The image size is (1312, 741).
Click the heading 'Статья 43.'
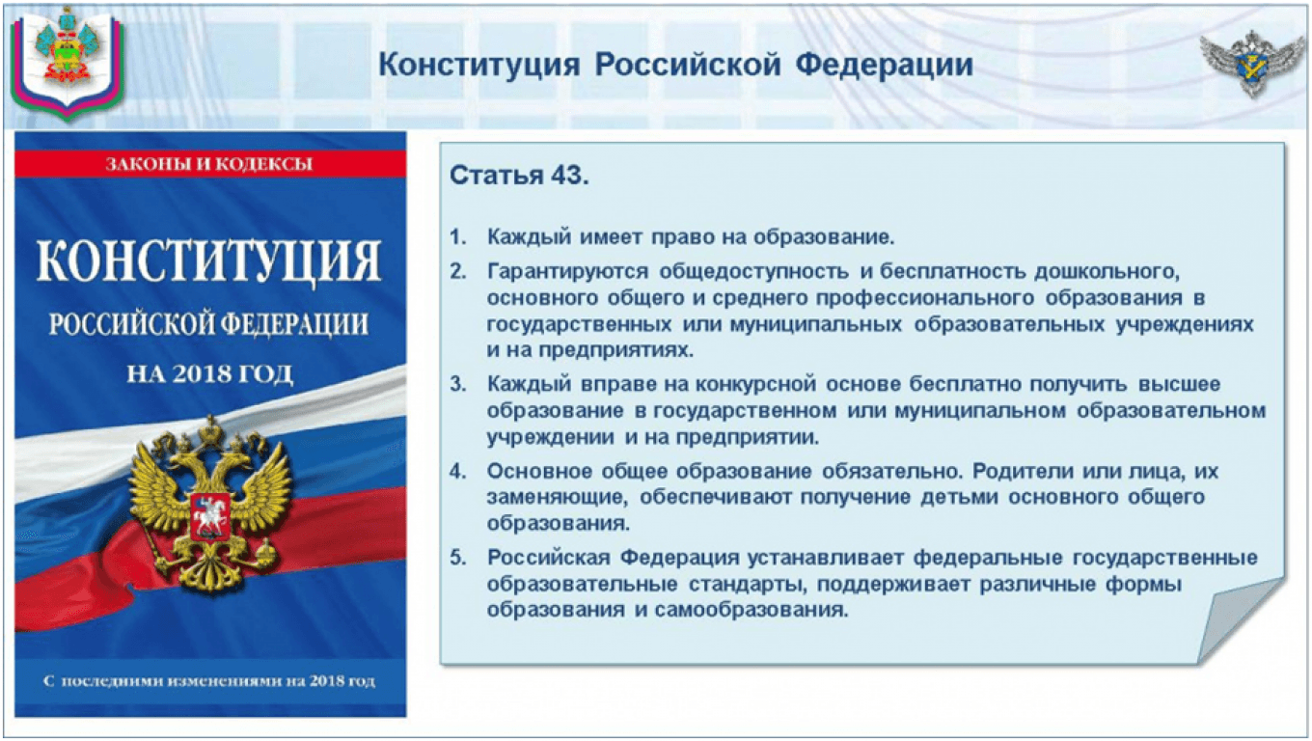(x=519, y=176)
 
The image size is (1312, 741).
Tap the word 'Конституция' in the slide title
(x=479, y=65)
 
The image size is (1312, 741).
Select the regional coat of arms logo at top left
(x=68, y=62)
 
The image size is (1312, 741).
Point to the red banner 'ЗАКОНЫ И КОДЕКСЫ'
(x=210, y=163)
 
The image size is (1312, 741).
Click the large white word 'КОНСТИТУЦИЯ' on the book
(x=209, y=261)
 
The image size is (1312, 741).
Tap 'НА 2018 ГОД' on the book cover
(x=209, y=373)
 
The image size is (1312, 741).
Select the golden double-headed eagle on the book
(x=209, y=504)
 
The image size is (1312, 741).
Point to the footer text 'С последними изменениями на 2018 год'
(x=209, y=681)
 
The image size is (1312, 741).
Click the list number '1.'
(x=458, y=237)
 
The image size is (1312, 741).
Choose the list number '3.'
(x=458, y=384)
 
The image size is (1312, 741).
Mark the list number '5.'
(x=458, y=558)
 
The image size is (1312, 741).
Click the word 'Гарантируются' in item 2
(x=567, y=272)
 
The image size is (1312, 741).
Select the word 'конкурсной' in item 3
(x=755, y=384)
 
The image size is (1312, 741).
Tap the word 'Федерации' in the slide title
(x=884, y=65)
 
